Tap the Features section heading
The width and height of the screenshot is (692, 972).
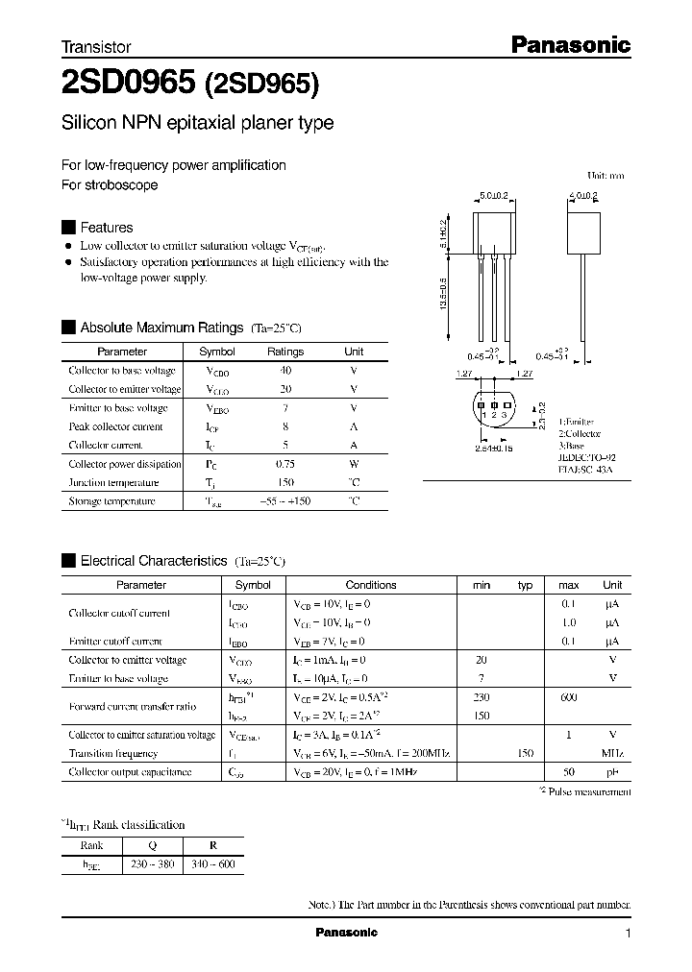[x=106, y=228]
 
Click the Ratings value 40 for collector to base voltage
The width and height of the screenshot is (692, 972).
[x=284, y=371]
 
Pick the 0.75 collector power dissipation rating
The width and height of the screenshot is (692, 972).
[x=284, y=464]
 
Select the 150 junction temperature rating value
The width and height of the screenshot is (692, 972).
[x=284, y=482]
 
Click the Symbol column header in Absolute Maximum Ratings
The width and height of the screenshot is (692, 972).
[x=216, y=352]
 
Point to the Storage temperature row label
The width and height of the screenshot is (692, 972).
[x=111, y=501]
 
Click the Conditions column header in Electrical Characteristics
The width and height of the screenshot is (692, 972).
[x=370, y=585]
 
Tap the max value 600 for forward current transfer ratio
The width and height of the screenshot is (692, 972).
[x=568, y=697]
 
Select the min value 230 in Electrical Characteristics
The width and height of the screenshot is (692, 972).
[x=482, y=697]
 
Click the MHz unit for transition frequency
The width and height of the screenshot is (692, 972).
[x=612, y=754]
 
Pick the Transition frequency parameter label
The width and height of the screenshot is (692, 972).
[x=112, y=754]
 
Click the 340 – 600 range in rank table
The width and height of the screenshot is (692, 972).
[x=213, y=864]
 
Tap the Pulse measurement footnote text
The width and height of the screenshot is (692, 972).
[x=589, y=792]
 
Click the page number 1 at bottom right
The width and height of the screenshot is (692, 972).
[x=628, y=934]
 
